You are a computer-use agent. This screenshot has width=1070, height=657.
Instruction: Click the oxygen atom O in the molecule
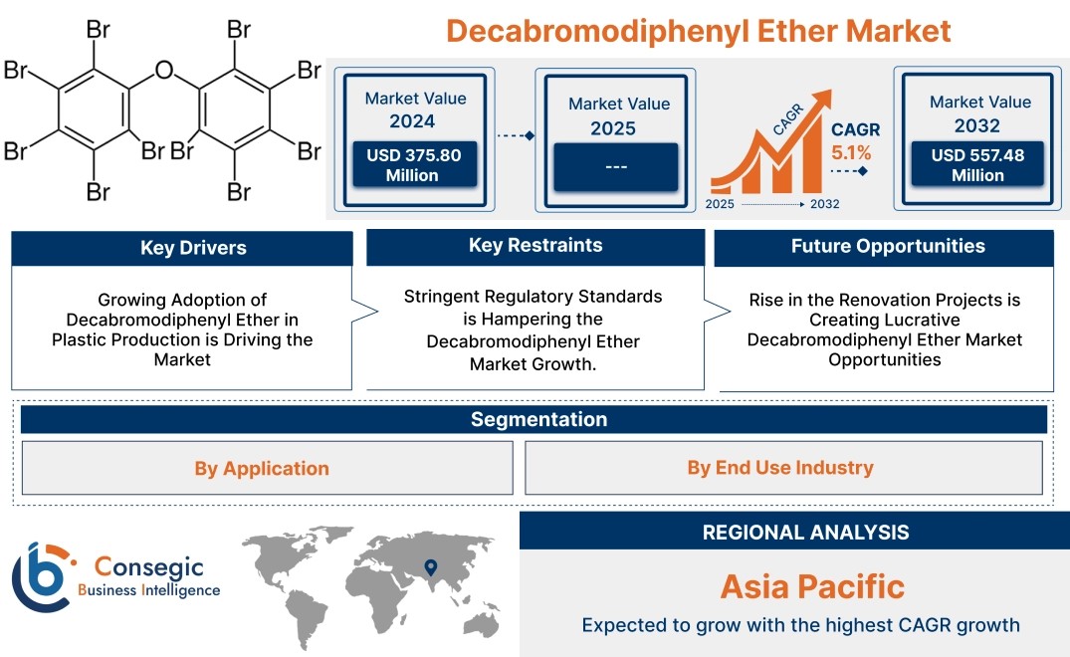pyautogui.click(x=164, y=70)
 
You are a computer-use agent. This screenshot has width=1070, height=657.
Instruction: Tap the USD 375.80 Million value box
pyautogui.click(x=414, y=164)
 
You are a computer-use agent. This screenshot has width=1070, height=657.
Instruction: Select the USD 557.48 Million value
pyautogui.click(x=977, y=164)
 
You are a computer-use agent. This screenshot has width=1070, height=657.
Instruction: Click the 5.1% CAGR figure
pyautogui.click(x=851, y=152)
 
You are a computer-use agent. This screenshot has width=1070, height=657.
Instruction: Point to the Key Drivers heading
pyautogui.click(x=193, y=248)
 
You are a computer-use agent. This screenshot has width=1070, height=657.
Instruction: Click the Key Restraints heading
pyautogui.click(x=535, y=246)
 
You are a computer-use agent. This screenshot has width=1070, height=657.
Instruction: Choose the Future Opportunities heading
pyautogui.click(x=888, y=246)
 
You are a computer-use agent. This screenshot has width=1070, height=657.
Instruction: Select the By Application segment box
pyautogui.click(x=267, y=468)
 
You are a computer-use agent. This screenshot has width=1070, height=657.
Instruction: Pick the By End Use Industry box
pyautogui.click(x=783, y=467)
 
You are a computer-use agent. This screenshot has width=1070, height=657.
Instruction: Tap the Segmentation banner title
pyautogui.click(x=539, y=419)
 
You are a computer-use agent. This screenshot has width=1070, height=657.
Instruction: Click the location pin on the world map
pyautogui.click(x=431, y=567)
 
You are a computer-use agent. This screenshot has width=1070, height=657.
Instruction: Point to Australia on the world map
pyautogui.click(x=481, y=624)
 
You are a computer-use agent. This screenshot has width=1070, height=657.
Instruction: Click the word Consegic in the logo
pyautogui.click(x=148, y=566)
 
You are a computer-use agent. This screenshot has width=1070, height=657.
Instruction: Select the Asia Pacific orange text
pyautogui.click(x=813, y=586)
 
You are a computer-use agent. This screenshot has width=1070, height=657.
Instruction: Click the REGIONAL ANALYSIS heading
pyautogui.click(x=806, y=533)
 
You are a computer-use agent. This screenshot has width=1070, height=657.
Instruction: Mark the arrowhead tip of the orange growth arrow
pyautogui.click(x=831, y=90)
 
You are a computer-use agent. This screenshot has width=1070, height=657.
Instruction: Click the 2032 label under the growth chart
pyautogui.click(x=824, y=204)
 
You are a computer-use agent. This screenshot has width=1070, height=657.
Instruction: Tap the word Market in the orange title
pyautogui.click(x=898, y=31)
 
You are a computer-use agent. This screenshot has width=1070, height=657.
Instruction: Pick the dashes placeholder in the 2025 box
pyautogui.click(x=615, y=167)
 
